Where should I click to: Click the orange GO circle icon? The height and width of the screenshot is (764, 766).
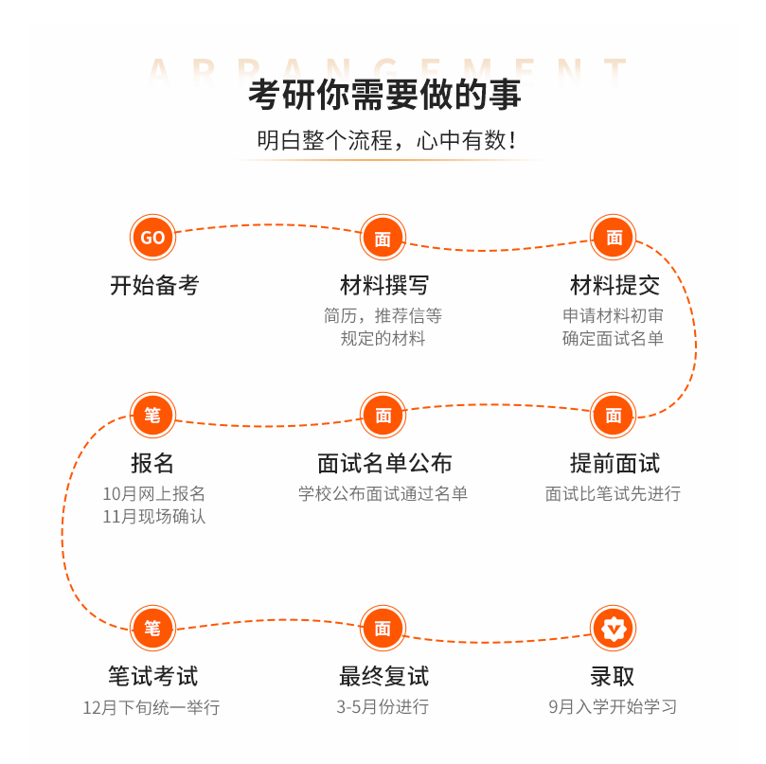point(152,238)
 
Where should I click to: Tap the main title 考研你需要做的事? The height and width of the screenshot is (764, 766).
point(384,97)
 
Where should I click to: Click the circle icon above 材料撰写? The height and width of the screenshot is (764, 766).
point(383,239)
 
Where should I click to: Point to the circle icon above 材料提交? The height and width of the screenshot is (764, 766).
point(614,238)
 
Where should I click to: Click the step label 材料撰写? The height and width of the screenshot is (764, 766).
point(383,285)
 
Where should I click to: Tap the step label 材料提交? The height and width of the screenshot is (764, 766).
point(615,285)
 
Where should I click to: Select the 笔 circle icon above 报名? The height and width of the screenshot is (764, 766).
point(152,415)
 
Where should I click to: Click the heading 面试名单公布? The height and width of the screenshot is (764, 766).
point(383,463)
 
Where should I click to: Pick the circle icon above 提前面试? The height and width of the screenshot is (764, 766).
point(614,415)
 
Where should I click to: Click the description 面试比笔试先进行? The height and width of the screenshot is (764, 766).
point(613,493)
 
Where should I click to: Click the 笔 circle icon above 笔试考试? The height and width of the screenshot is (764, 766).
point(152,628)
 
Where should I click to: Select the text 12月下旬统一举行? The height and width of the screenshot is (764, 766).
point(151,707)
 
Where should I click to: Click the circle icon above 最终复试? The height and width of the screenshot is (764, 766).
point(383,628)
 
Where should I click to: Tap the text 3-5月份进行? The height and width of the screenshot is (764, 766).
point(383,707)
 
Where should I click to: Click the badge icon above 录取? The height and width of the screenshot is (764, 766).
point(614,628)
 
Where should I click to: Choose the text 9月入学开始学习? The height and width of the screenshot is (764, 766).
point(613,707)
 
